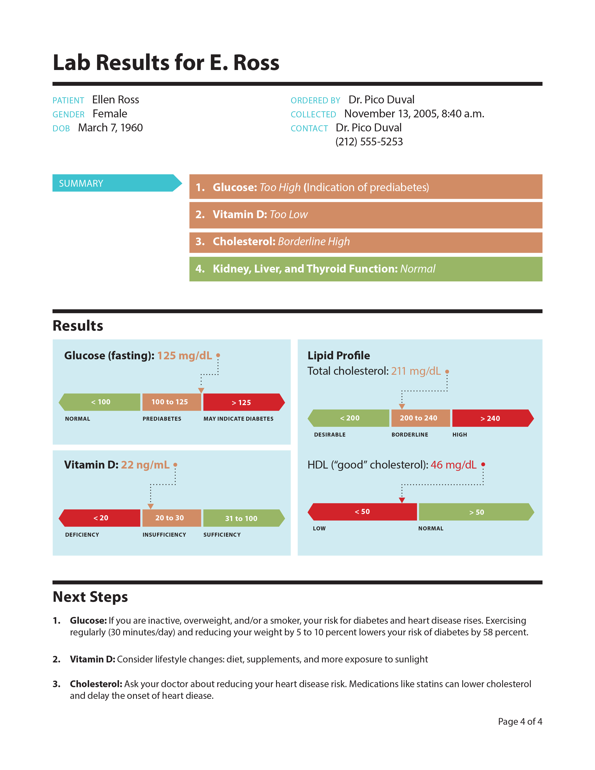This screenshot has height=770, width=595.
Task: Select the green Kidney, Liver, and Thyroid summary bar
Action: [366, 269]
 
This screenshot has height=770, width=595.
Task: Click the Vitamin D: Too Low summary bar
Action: [366, 215]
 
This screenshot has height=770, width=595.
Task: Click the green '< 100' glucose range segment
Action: [101, 402]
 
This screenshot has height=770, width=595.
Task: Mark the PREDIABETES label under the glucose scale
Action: [162, 419]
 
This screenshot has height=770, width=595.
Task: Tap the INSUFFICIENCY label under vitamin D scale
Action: [164, 535]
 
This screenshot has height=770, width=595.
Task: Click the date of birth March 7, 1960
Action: [110, 128]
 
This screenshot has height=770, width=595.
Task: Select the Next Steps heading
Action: [90, 597]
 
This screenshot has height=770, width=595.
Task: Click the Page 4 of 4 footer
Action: [520, 722]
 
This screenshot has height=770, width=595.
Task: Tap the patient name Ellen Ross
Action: [115, 100]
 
